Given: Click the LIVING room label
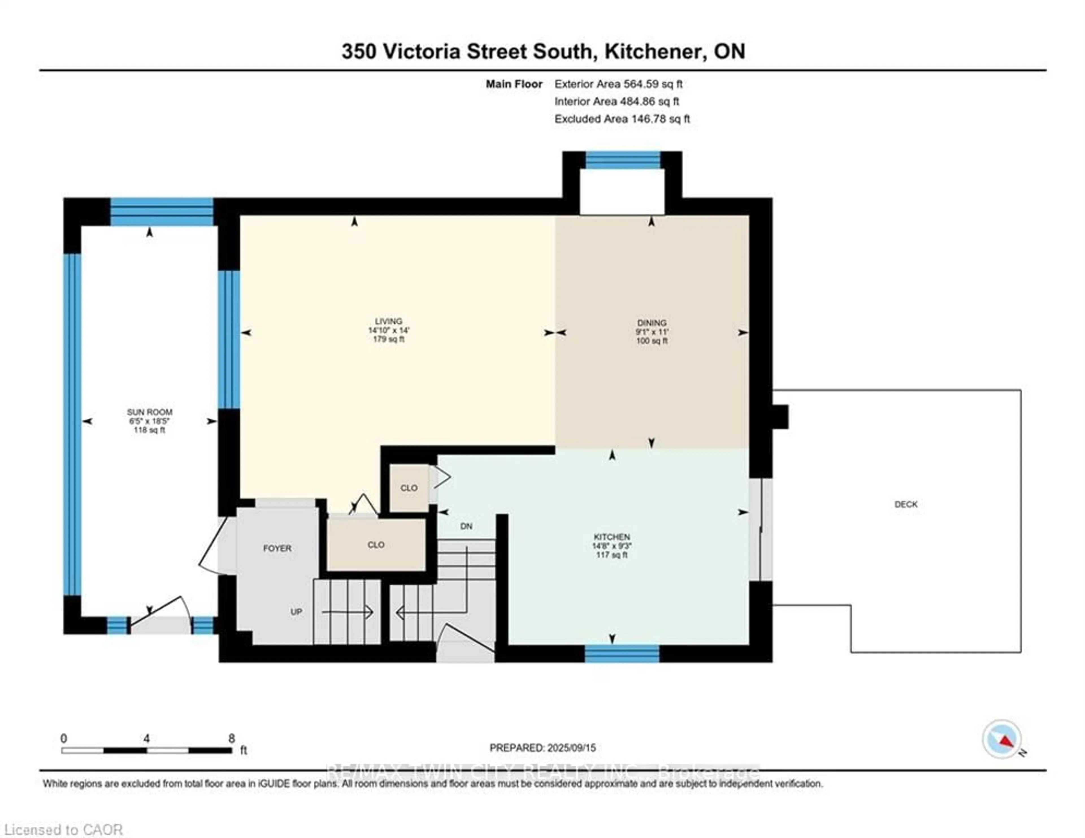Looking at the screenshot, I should pyautogui.click(x=389, y=321).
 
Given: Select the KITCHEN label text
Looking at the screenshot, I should pyautogui.click(x=611, y=537).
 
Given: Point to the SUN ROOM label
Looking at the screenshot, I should pyautogui.click(x=149, y=412).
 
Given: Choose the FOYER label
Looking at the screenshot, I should pyautogui.click(x=277, y=548).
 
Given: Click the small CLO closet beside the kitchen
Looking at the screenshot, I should pyautogui.click(x=409, y=488).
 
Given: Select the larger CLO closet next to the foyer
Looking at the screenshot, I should pyautogui.click(x=376, y=545).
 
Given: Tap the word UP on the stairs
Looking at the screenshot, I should pyautogui.click(x=296, y=612).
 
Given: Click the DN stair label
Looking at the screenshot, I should pyautogui.click(x=466, y=526).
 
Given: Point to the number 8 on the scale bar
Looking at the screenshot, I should pyautogui.click(x=231, y=738).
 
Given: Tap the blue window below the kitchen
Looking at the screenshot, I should pyautogui.click(x=622, y=654).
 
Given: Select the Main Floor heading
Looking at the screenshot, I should pyautogui.click(x=514, y=84).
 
